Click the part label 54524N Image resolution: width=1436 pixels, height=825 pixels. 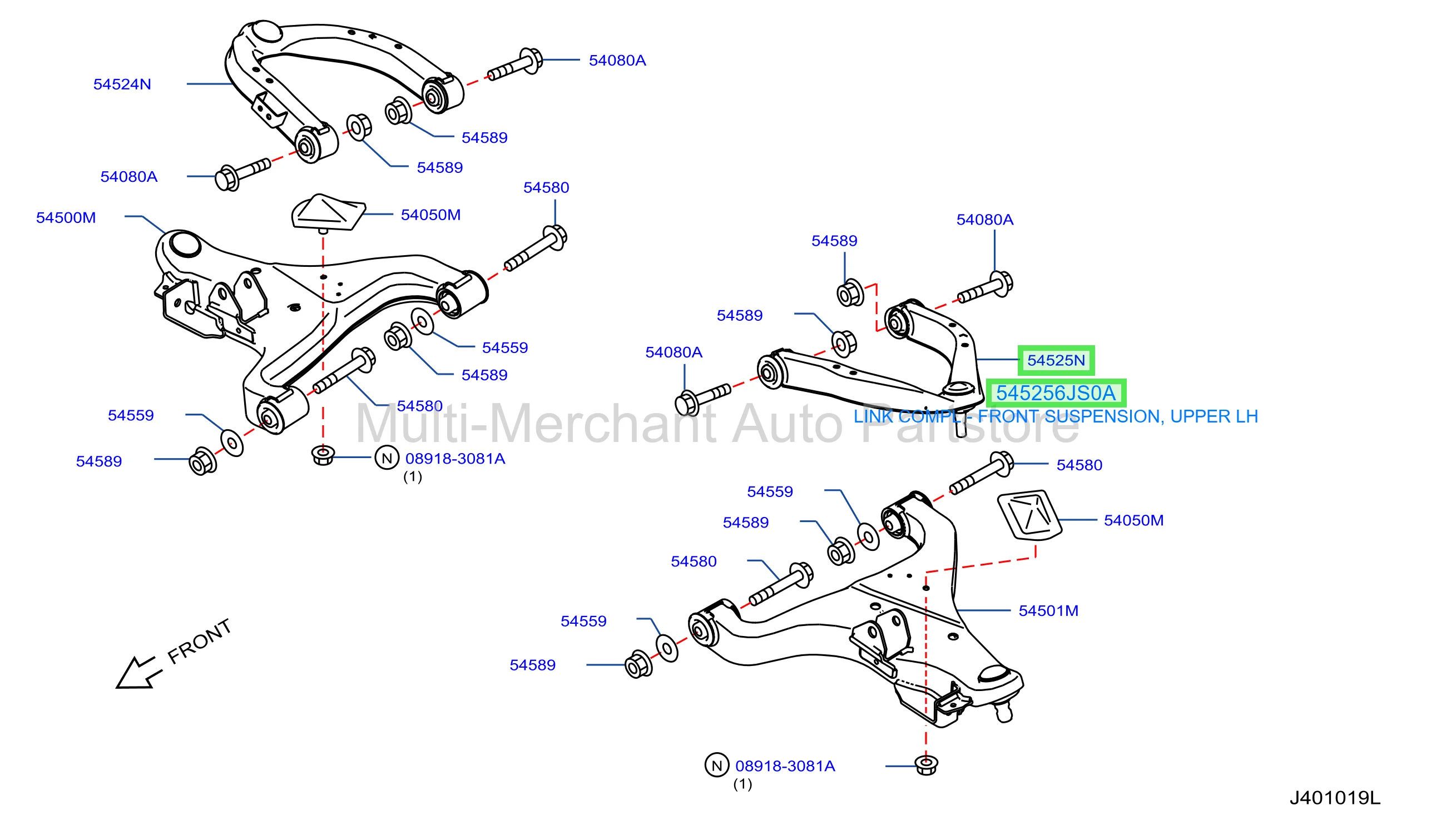pos(122,85)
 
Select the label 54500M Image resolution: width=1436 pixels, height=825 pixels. pos(66,217)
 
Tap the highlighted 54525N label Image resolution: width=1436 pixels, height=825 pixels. pos(1056,360)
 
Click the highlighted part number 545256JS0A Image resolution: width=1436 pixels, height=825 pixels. pos(1056,393)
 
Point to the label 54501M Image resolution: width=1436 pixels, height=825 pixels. pos(1048,611)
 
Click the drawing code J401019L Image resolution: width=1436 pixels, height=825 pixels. pos(1335,798)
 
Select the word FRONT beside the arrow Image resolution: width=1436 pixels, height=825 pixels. pos(200,641)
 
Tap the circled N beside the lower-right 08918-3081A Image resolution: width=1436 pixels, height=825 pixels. pos(716,766)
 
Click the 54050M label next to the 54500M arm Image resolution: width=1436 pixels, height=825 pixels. pos(430,215)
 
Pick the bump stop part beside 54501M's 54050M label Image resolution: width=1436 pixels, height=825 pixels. pos(1029,516)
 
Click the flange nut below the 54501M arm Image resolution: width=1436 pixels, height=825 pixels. pos(927,765)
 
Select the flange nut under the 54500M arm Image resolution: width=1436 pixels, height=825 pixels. pos(323,454)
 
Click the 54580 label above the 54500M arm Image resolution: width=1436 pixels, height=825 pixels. pos(546,187)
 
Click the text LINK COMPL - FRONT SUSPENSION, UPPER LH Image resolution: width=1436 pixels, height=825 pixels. pos(1055,416)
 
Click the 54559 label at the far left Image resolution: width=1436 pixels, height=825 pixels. pos(131,415)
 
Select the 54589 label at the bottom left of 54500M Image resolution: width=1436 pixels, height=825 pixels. pos(99,461)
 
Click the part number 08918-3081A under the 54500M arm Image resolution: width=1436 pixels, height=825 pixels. pos(455,459)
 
